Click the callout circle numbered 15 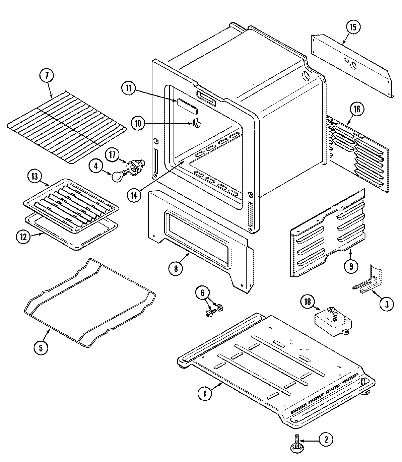[354, 27]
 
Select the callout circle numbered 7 [47, 76]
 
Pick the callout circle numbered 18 [307, 302]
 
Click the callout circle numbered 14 [134, 196]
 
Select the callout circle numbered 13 [35, 176]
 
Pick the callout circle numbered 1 [205, 394]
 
